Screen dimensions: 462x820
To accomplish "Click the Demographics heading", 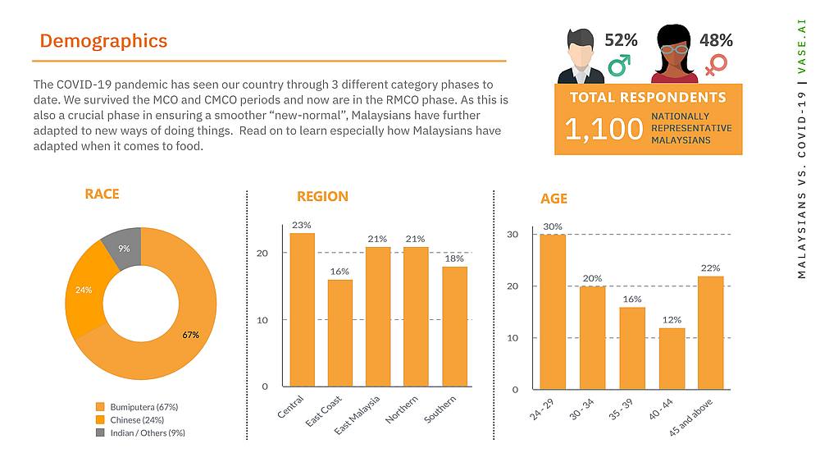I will click(103, 41).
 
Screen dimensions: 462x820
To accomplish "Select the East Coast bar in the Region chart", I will click(340, 332).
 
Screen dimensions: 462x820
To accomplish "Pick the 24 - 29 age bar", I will click(553, 312).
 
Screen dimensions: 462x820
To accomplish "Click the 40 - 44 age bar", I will click(672, 359).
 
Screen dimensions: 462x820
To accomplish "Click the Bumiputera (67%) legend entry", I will click(137, 406).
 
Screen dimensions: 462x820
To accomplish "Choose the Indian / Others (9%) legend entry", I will click(141, 432).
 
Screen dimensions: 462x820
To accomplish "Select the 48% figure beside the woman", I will click(715, 39).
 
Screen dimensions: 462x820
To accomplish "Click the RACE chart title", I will click(102, 194).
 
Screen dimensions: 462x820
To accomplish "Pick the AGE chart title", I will click(553, 199).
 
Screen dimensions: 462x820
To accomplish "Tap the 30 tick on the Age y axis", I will click(513, 235).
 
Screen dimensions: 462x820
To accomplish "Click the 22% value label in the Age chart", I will click(710, 268).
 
